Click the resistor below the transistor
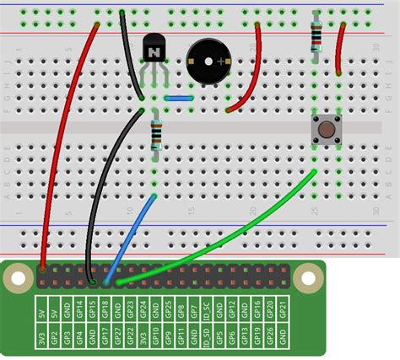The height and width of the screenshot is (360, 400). coord(155,135)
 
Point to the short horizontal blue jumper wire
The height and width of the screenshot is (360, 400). coord(180,98)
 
